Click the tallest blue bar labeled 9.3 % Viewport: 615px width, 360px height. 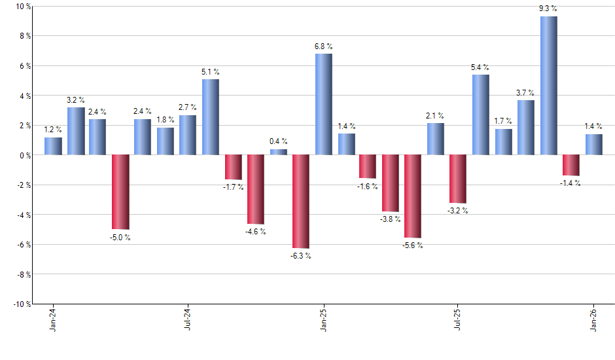pyautogui.click(x=549, y=86)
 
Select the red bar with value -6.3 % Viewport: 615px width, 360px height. pyautogui.click(x=301, y=202)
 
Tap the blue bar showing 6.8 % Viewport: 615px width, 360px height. pyautogui.click(x=323, y=104)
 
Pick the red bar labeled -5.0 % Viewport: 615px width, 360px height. pyautogui.click(x=120, y=192)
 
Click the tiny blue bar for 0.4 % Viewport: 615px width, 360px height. pyautogui.click(x=279, y=152)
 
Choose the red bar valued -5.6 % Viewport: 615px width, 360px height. pyautogui.click(x=413, y=196)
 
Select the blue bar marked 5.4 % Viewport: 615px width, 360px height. pyautogui.click(x=481, y=115)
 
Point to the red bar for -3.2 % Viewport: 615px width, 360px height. pyautogui.click(x=458, y=179)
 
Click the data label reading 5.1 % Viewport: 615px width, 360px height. pyautogui.click(x=211, y=72)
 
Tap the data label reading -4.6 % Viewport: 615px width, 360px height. pyautogui.click(x=256, y=232)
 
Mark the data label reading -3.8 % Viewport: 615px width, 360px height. pyautogui.click(x=391, y=219)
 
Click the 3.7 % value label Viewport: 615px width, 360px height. pyautogui.click(x=526, y=93)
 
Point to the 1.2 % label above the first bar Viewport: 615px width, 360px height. pyautogui.click(x=53, y=130)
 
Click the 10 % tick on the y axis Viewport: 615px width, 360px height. pyautogui.click(x=23, y=7)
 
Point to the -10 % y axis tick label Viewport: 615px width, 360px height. pyautogui.click(x=22, y=304)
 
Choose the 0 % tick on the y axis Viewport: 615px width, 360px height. pyautogui.click(x=25, y=155)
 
